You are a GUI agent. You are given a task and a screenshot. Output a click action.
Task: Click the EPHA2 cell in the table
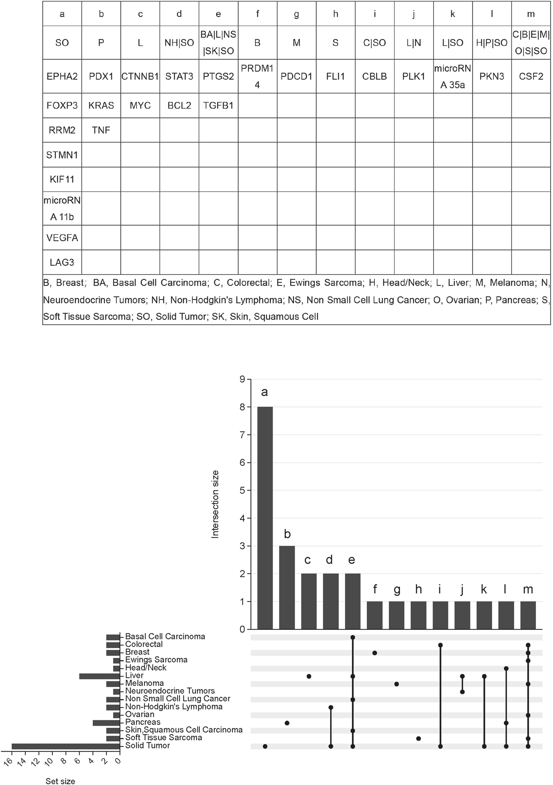[x=62, y=76]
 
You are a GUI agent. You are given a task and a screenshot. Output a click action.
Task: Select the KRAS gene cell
[x=101, y=105]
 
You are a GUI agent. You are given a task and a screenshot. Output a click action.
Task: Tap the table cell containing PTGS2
[x=218, y=76]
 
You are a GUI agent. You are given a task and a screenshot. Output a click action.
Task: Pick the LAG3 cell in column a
[x=62, y=262]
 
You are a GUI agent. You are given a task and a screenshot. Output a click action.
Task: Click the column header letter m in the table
[x=531, y=14]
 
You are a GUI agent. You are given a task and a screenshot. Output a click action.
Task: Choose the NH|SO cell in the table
[x=179, y=43]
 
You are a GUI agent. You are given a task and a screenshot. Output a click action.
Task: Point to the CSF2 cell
[x=531, y=76]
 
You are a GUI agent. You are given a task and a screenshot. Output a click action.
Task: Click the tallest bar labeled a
[x=265, y=518]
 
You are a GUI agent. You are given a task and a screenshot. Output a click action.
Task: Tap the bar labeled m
[x=528, y=615]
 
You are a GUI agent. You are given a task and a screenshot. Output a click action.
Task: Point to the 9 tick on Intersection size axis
[x=242, y=379]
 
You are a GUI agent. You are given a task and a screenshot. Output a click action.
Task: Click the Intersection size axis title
[x=215, y=504]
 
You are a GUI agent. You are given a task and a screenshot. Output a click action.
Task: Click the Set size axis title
[x=60, y=781]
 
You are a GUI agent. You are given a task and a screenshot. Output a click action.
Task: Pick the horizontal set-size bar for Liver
[x=99, y=676]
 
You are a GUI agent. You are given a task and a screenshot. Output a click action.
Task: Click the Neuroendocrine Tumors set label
[x=170, y=691]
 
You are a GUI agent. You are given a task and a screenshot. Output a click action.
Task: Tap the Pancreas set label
[x=143, y=722]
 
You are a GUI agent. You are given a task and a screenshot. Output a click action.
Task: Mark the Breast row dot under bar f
[x=375, y=653]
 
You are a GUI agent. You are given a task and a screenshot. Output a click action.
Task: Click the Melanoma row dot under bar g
[x=397, y=684]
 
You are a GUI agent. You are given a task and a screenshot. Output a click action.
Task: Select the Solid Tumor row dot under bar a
[x=265, y=746]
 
